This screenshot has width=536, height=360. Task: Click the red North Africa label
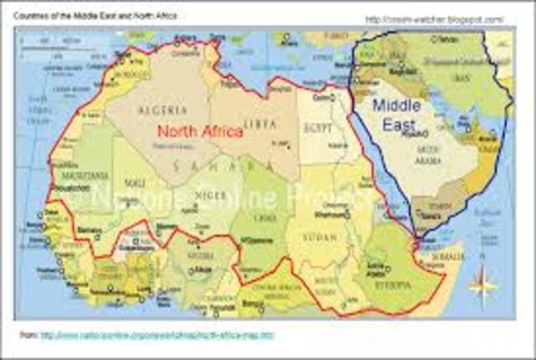[x=200, y=131]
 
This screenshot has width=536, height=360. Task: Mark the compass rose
[x=483, y=285]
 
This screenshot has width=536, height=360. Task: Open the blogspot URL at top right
[x=435, y=18]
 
